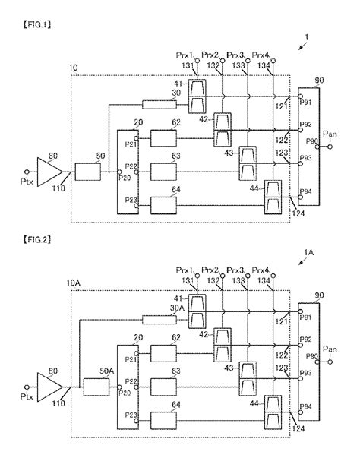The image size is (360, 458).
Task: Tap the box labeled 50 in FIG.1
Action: (x=89, y=172)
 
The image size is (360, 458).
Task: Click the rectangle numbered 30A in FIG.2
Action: (x=159, y=320)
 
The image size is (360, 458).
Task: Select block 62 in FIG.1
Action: (x=163, y=139)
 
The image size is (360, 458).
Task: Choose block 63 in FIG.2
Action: (x=163, y=387)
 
